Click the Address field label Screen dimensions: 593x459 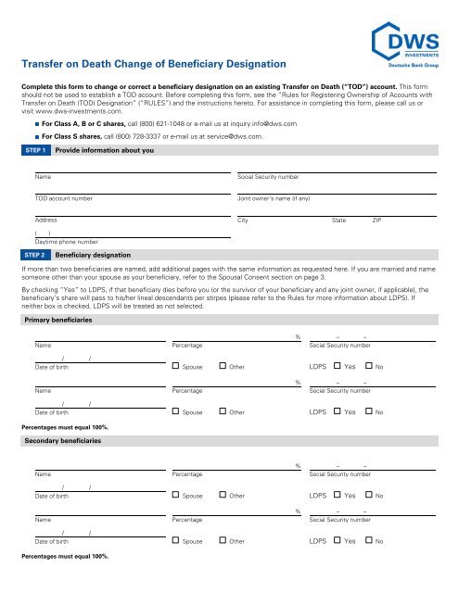click(46, 221)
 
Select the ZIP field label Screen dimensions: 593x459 click(376, 221)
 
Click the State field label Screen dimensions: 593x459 click(338, 221)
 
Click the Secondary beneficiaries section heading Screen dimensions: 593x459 click(63, 440)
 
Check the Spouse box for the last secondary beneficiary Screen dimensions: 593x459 click(176, 540)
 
